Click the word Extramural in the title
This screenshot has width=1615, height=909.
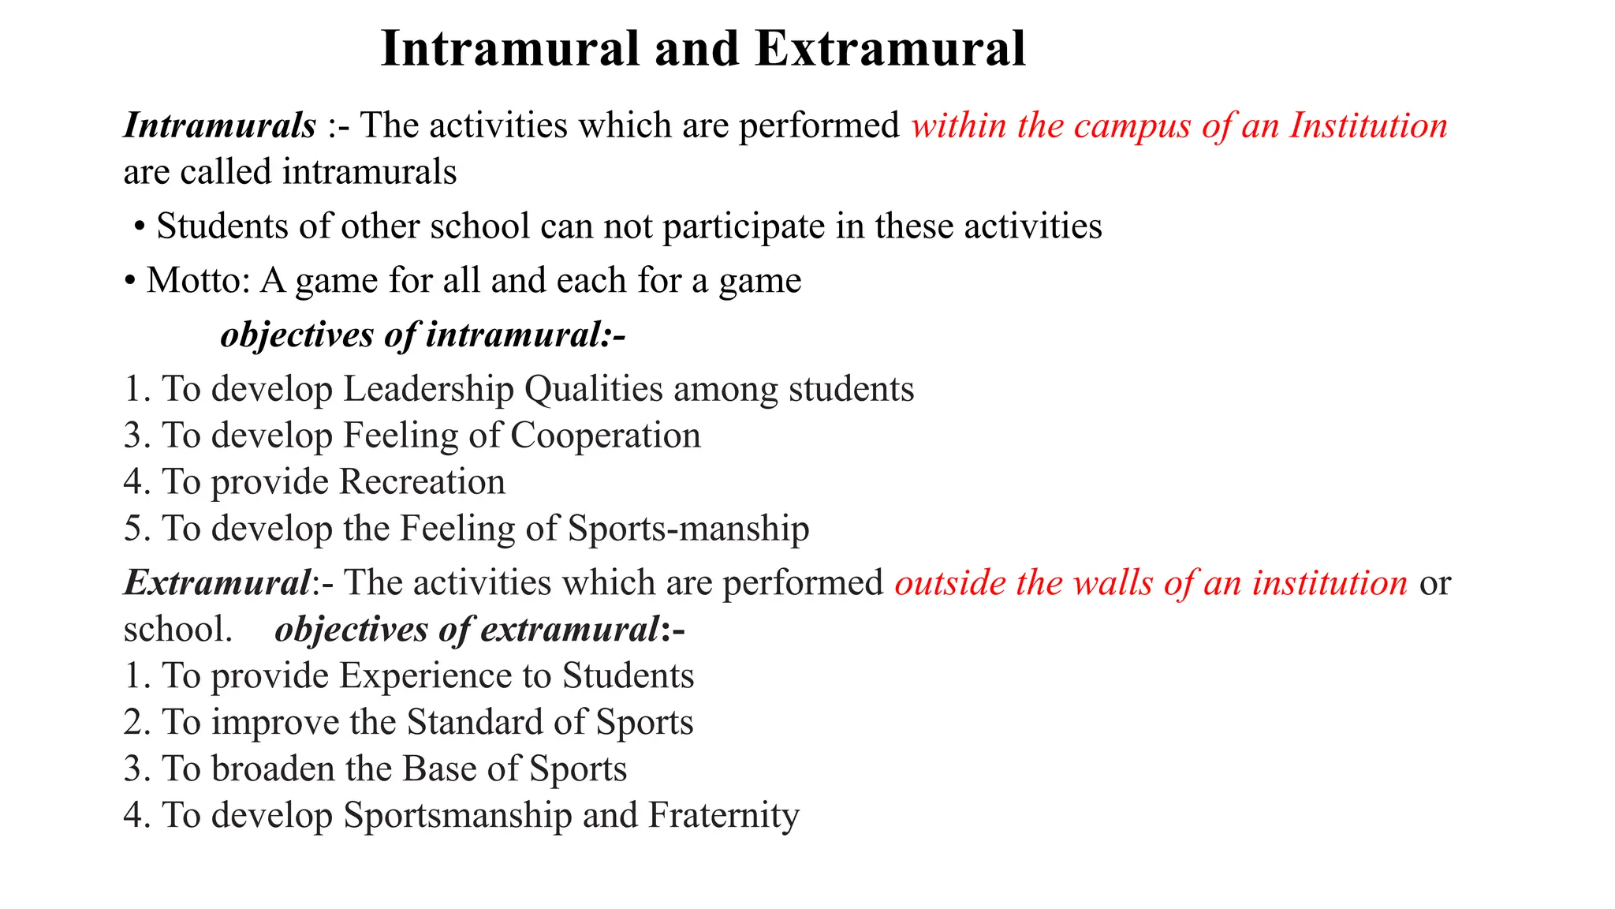coord(890,49)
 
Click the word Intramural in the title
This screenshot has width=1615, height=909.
coord(509,49)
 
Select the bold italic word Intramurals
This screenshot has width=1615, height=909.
coord(220,125)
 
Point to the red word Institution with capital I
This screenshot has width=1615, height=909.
coord(1368,125)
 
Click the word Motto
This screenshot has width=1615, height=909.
coord(198,280)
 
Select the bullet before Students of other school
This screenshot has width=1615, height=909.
coord(140,227)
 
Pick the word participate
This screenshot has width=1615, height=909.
coord(744,227)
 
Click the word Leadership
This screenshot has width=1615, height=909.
coord(428,389)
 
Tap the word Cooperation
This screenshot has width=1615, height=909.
coord(606,436)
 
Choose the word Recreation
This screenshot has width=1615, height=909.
coord(423,482)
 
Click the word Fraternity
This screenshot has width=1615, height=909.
coord(723,815)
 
